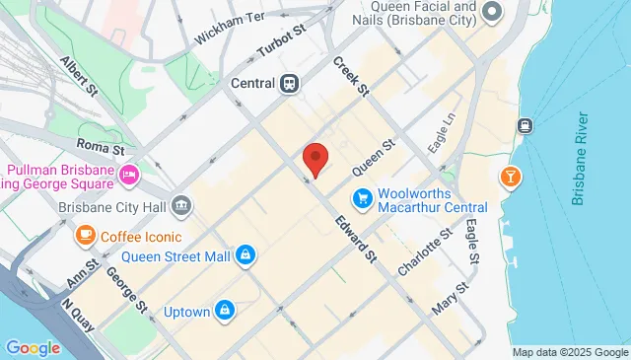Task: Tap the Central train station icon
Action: tap(289, 84)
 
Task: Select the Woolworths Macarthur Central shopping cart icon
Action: tap(364, 197)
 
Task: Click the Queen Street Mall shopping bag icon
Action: tap(245, 256)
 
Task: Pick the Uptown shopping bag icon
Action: tap(226, 311)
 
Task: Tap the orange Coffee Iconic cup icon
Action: tap(86, 236)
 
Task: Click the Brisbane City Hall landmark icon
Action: tap(180, 206)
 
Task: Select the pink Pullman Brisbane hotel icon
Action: tap(128, 175)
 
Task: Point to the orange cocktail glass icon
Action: tap(510, 177)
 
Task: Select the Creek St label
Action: tap(349, 76)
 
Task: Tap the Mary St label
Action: tap(450, 295)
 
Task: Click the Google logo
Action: tap(33, 347)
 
